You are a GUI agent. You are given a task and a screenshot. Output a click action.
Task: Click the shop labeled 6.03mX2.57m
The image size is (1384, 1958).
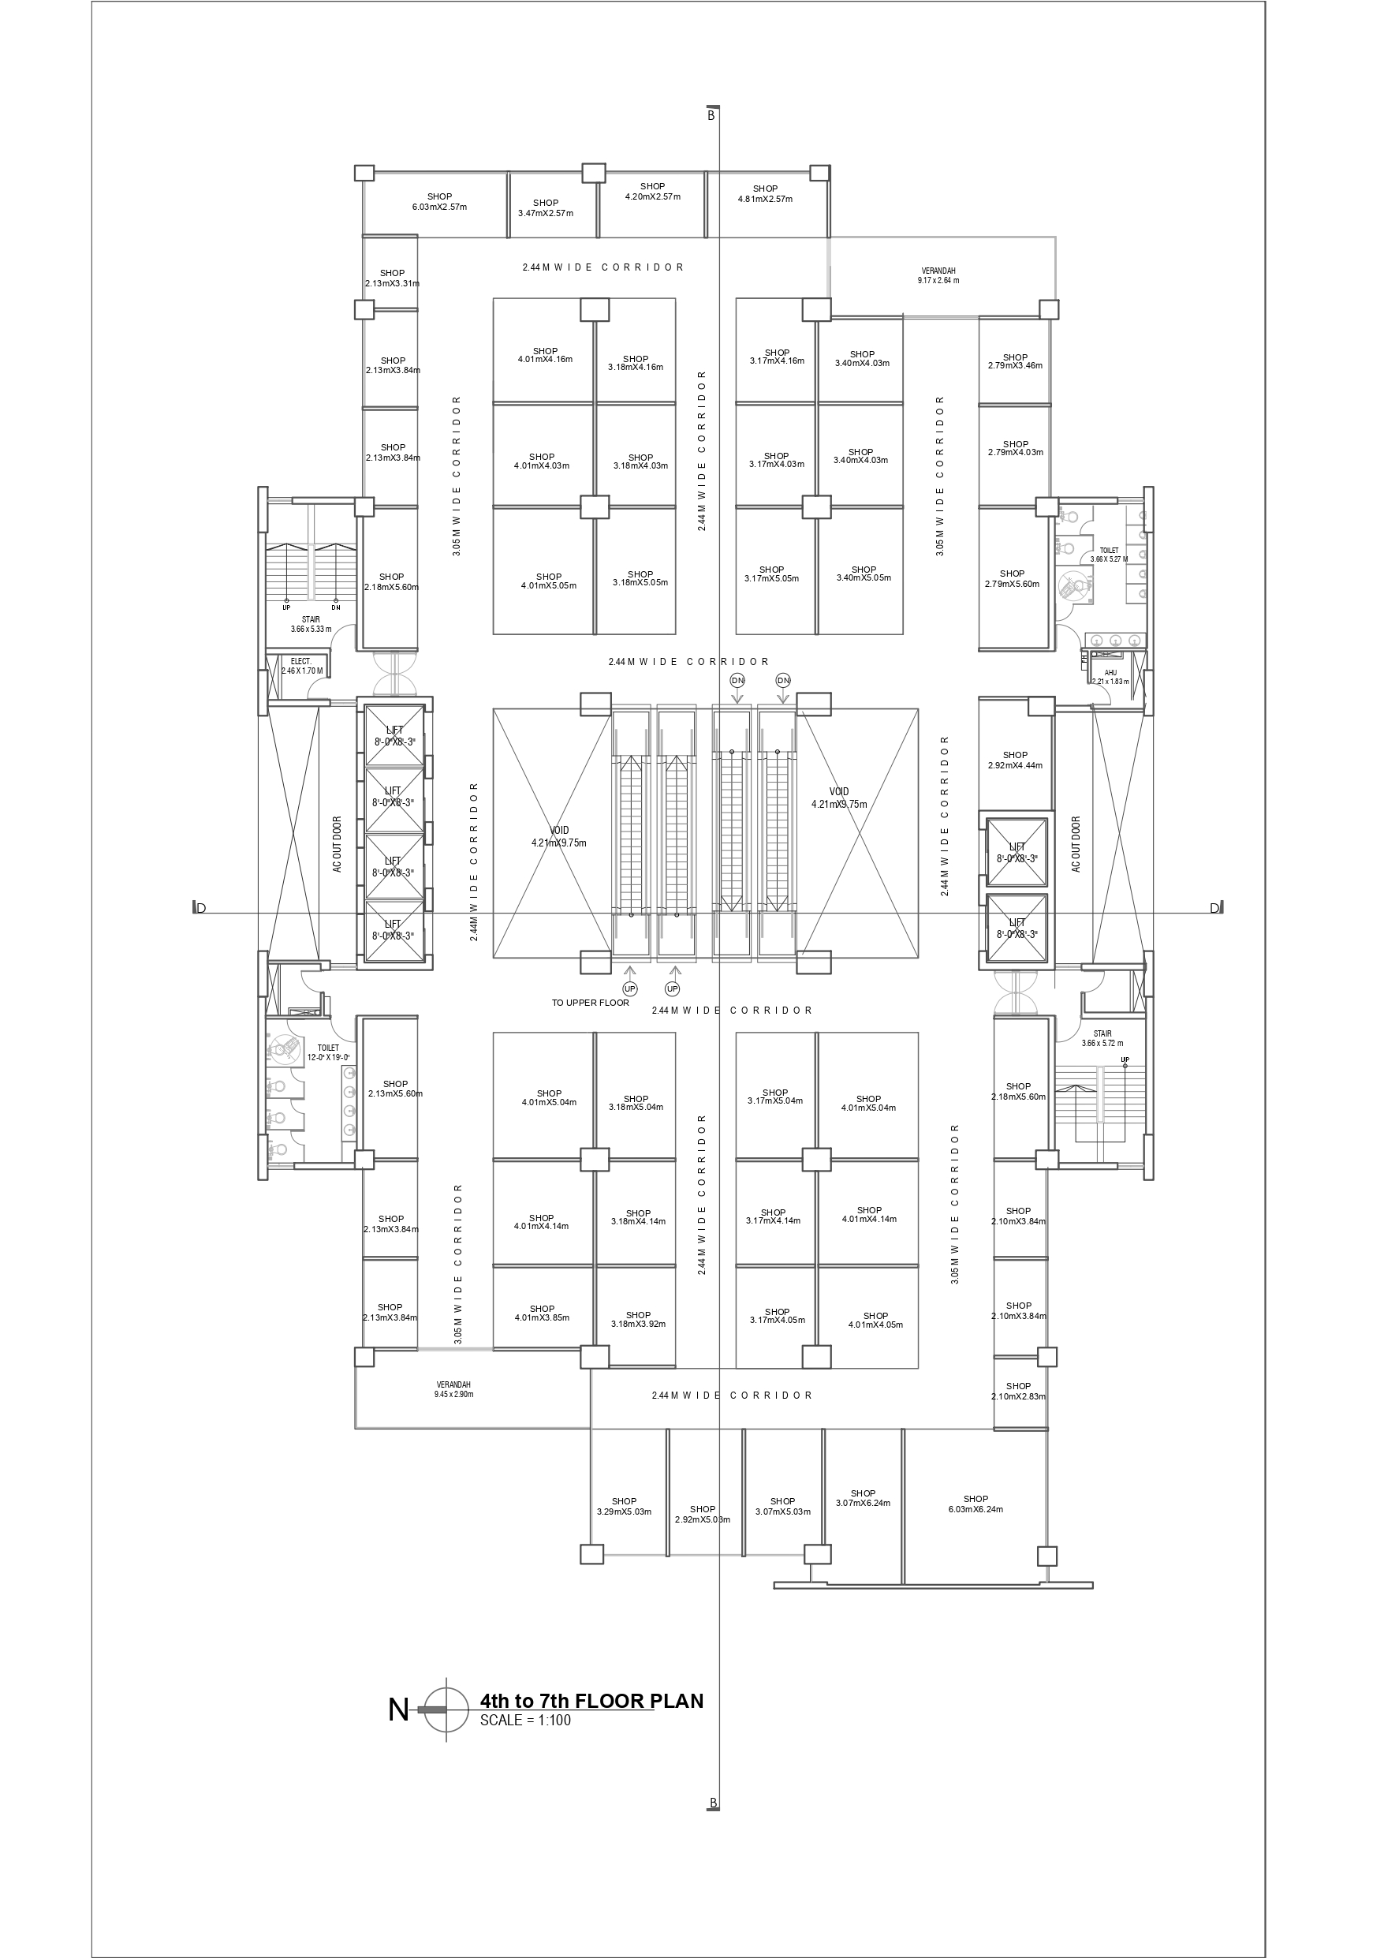tap(439, 202)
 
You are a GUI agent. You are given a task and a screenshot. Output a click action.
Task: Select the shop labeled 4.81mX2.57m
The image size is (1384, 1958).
tap(765, 194)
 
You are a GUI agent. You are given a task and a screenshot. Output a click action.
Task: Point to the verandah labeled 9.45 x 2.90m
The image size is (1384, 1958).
tap(453, 1389)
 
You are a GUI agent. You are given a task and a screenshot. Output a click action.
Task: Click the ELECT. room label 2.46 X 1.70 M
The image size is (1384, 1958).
tap(302, 666)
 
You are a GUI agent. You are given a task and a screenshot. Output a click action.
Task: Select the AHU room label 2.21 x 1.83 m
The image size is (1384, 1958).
tap(1110, 677)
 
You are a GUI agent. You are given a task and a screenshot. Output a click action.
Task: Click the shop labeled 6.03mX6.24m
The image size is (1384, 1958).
tap(976, 1504)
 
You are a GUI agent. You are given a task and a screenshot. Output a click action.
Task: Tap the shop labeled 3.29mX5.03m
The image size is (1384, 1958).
tap(625, 1506)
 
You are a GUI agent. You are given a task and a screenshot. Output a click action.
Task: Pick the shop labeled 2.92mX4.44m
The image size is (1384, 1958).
tap(1015, 760)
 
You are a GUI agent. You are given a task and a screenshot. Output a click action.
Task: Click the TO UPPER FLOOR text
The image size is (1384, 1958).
tap(590, 1003)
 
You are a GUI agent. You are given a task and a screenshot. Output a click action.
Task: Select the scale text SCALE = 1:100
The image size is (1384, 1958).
tap(525, 1720)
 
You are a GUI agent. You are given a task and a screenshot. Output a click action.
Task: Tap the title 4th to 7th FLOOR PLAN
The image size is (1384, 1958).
tap(591, 1702)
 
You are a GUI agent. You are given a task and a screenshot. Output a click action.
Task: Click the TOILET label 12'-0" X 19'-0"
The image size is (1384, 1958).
tap(328, 1052)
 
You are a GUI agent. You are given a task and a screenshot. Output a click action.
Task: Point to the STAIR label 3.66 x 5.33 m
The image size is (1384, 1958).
tap(311, 624)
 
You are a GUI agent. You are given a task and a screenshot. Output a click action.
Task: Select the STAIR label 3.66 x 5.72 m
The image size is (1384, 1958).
tap(1102, 1038)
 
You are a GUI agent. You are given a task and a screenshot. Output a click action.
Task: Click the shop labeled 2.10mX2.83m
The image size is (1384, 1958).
tap(1018, 1391)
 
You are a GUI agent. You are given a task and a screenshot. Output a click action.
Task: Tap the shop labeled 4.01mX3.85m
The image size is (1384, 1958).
tap(542, 1313)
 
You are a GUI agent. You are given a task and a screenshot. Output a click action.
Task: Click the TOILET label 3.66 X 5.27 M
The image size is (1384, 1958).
tap(1109, 555)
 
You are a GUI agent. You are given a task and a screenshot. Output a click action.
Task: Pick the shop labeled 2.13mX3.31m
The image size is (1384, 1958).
tap(392, 278)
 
